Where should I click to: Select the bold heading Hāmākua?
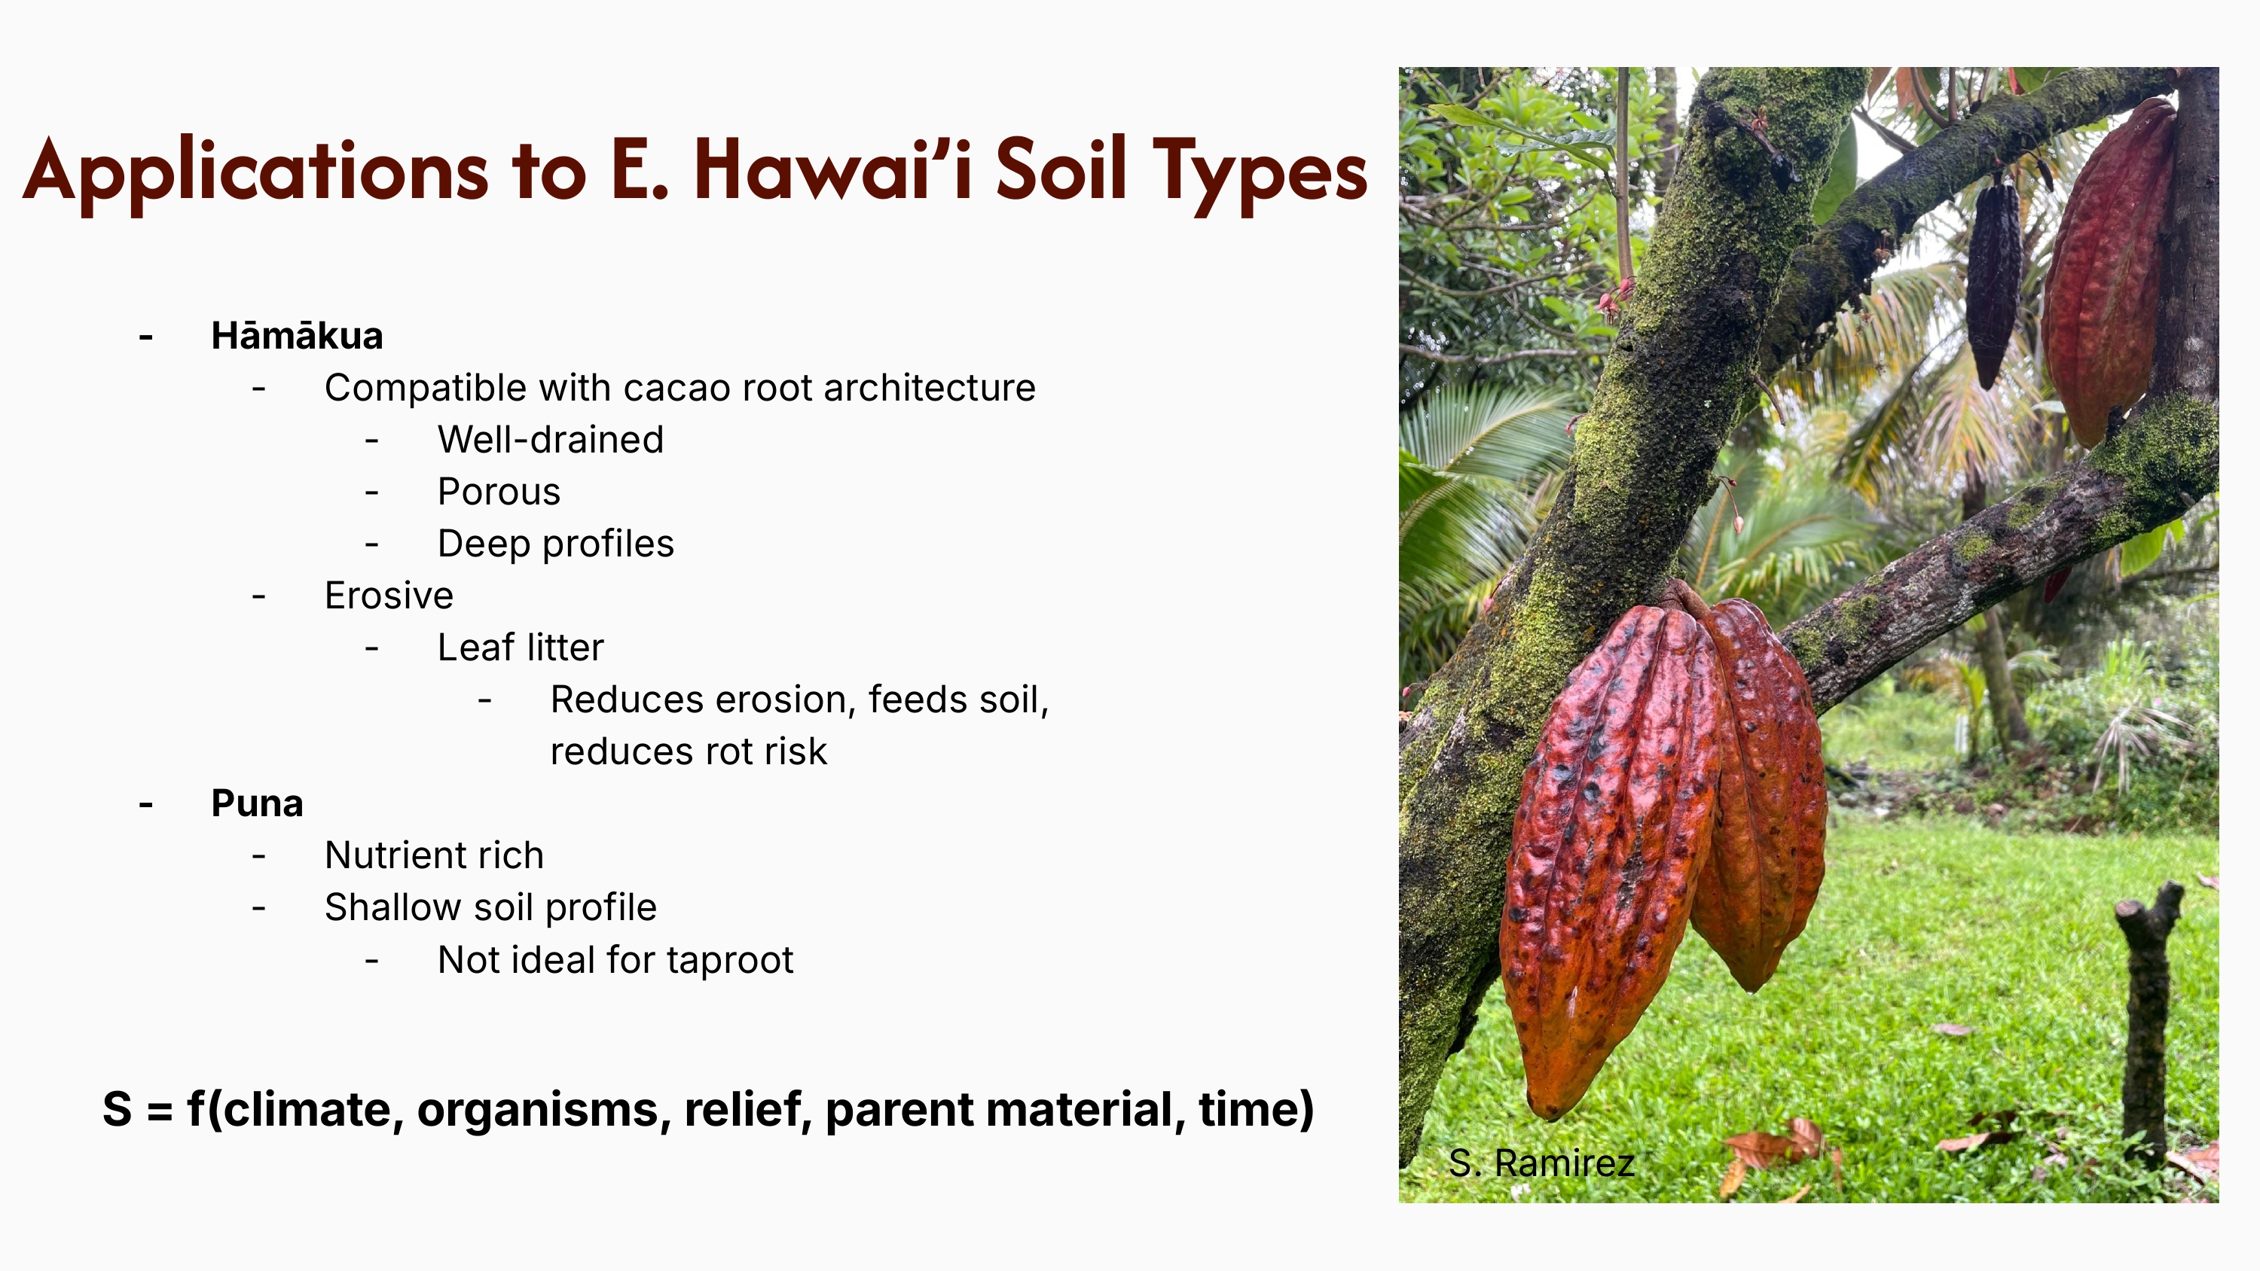(298, 336)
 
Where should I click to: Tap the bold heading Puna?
(257, 803)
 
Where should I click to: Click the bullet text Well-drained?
(551, 440)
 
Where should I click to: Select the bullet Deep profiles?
(556, 544)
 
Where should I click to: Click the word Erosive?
(389, 596)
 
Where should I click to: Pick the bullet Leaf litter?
(521, 648)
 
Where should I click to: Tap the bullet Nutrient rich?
(434, 855)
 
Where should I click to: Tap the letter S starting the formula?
(118, 1110)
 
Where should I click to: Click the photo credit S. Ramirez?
(1541, 1163)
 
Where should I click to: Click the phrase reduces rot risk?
(689, 751)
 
